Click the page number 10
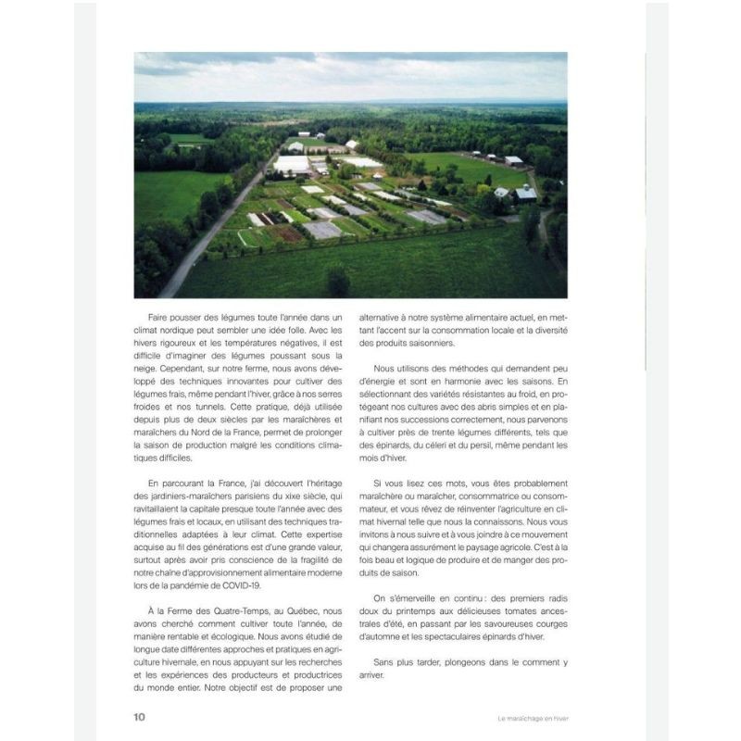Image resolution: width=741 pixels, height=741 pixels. tap(139, 716)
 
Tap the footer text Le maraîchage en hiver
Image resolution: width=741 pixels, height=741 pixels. tap(532, 717)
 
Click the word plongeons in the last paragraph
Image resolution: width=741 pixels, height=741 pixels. tap(466, 662)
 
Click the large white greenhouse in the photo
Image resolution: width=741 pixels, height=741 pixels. tap(292, 165)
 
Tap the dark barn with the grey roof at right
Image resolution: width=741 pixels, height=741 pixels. tap(525, 194)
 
